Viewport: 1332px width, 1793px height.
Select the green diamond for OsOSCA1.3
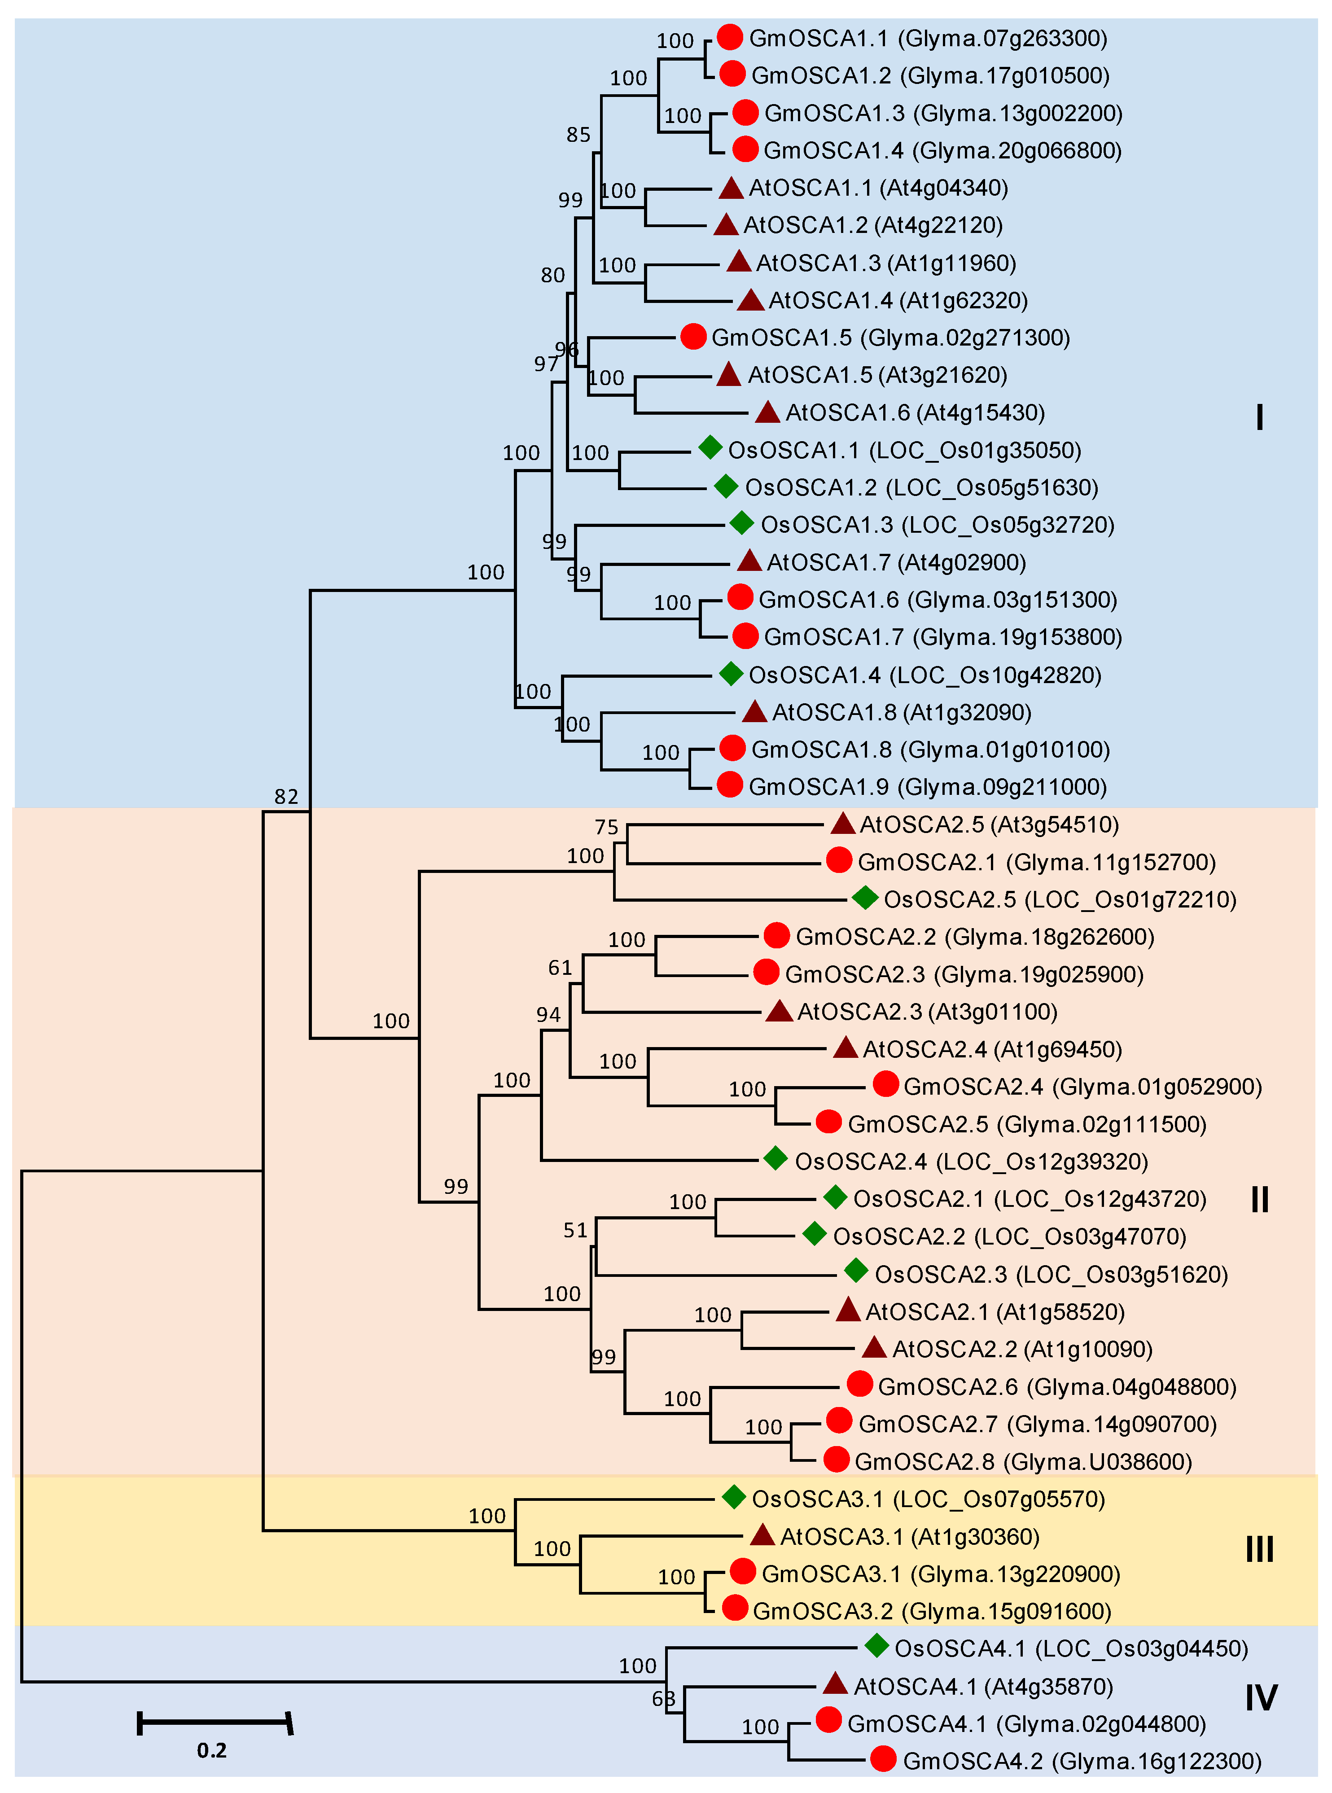pyautogui.click(x=741, y=523)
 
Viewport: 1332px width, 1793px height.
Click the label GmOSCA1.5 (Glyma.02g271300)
pyautogui.click(x=890, y=338)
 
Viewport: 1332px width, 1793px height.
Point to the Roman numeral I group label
pyautogui.click(x=1259, y=417)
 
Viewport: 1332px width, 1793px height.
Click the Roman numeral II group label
pyautogui.click(x=1259, y=1200)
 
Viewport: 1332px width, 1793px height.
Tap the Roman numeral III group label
pyautogui.click(x=1259, y=1549)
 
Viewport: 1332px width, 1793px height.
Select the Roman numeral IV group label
pyautogui.click(x=1260, y=1697)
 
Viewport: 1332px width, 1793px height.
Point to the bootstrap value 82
pyautogui.click(x=286, y=797)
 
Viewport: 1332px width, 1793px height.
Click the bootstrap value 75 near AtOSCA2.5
pyautogui.click(x=606, y=827)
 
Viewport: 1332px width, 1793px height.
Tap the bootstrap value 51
pyautogui.click(x=575, y=1230)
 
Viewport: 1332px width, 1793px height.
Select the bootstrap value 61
pyautogui.click(x=560, y=968)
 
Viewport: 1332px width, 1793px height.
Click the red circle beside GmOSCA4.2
pyautogui.click(x=883, y=1760)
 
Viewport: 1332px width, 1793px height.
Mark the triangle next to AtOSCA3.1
pyautogui.click(x=762, y=1535)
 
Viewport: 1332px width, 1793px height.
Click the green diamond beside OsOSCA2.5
pyautogui.click(x=864, y=898)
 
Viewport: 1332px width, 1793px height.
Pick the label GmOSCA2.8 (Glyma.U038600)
pyautogui.click(x=1022, y=1462)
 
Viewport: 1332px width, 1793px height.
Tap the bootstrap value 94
pyautogui.click(x=548, y=1014)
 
